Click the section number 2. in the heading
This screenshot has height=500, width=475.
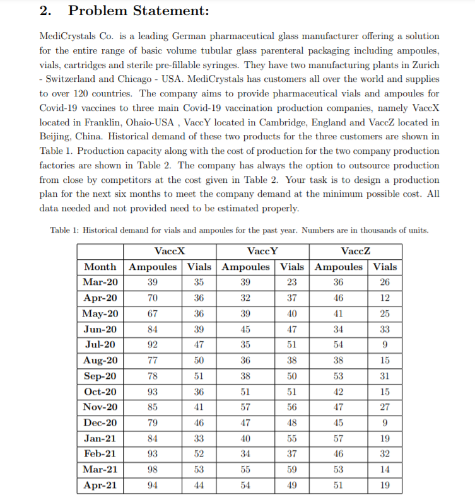coord(46,11)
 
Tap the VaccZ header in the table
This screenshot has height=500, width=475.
coord(355,251)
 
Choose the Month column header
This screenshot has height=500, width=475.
coord(100,267)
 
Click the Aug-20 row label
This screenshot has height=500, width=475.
coord(100,361)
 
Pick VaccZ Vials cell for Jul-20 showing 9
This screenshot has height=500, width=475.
coord(385,345)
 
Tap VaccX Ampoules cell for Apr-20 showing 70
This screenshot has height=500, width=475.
coord(152,298)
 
